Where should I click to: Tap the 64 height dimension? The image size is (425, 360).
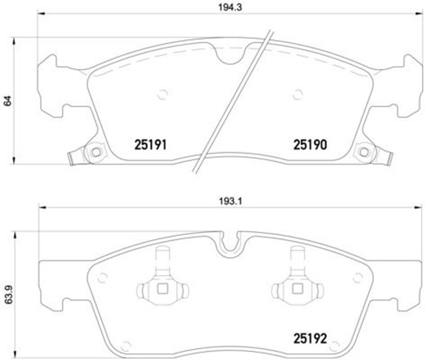(8, 101)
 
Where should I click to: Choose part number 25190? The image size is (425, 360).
(307, 143)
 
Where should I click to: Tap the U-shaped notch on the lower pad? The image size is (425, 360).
(232, 244)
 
